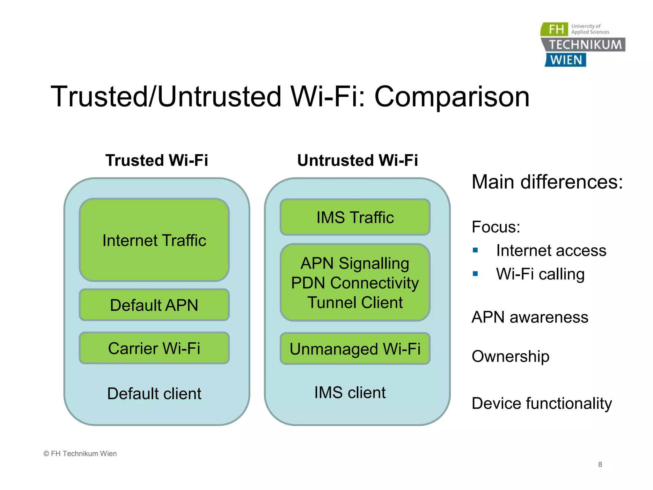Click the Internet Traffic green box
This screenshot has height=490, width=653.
(154, 240)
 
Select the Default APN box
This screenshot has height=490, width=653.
(154, 305)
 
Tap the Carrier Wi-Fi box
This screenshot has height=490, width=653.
(154, 348)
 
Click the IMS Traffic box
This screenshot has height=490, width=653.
(355, 217)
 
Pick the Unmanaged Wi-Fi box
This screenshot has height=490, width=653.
(355, 349)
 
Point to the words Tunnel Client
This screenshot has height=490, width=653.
(355, 302)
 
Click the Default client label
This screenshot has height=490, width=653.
(154, 393)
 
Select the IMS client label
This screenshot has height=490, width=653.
(350, 392)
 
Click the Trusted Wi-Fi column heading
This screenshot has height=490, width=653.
(157, 160)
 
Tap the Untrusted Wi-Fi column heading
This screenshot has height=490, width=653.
(357, 160)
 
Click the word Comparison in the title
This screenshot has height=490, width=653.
(451, 97)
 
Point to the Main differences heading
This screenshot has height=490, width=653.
(547, 182)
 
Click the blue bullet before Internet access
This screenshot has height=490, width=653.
(475, 250)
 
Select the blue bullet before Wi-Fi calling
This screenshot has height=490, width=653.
(475, 274)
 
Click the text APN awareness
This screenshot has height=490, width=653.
(530, 317)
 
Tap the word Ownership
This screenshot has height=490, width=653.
(510, 356)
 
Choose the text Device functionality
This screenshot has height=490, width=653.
(542, 403)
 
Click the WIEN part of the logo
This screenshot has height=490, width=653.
(566, 60)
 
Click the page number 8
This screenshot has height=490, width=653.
(600, 464)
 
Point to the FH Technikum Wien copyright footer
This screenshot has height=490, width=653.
(80, 454)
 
